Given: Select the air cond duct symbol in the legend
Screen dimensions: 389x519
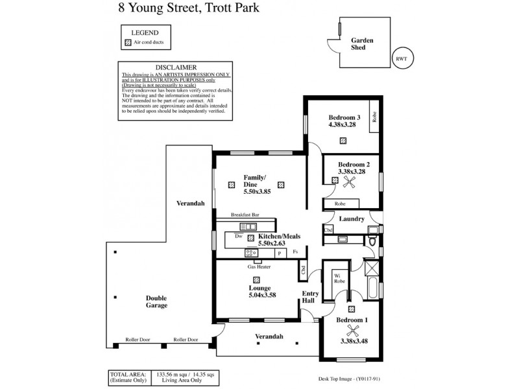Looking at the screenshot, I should (x=127, y=42).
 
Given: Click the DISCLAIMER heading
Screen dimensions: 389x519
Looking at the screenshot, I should (x=172, y=67).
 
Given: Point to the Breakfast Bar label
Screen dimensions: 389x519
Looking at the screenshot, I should (x=249, y=215).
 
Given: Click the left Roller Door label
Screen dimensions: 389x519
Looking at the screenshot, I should (x=138, y=340).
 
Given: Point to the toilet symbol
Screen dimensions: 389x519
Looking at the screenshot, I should (x=372, y=242).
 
